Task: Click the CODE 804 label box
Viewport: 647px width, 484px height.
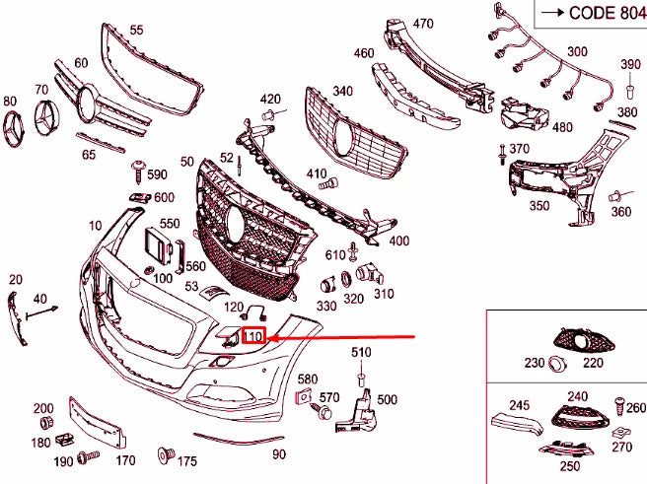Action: pos(587,14)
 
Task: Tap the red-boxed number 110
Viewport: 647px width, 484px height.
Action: pos(255,337)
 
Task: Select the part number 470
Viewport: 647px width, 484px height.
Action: pos(423,23)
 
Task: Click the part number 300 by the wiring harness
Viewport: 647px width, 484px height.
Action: pos(576,51)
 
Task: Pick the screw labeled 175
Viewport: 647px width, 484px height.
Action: pos(165,455)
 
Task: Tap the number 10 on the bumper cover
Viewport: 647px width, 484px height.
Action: pos(95,226)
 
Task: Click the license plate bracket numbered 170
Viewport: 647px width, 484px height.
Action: pos(98,422)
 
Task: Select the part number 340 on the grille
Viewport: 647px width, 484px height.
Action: pos(342,91)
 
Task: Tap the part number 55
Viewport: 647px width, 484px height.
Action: pos(136,31)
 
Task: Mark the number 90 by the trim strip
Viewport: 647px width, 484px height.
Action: pos(279,453)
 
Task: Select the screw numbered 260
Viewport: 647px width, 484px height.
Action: pos(620,405)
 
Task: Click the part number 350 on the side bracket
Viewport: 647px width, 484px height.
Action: pos(539,206)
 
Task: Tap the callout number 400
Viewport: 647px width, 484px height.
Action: pos(398,241)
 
